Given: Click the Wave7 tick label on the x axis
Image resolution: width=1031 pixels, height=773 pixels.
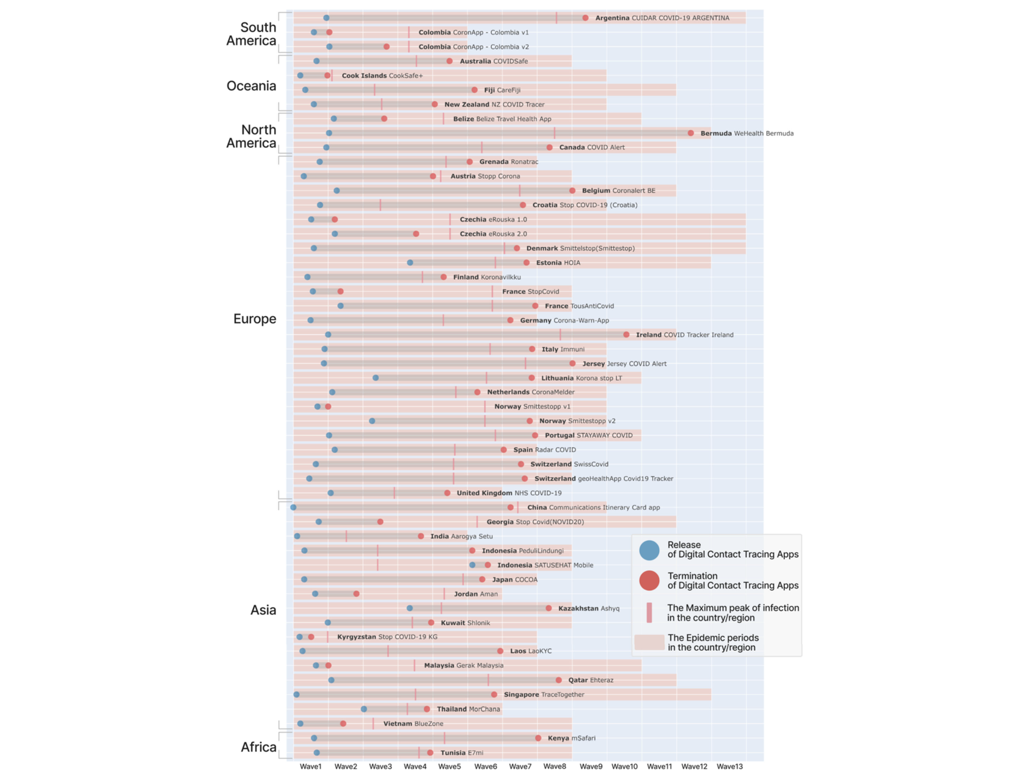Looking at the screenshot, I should coord(520,766).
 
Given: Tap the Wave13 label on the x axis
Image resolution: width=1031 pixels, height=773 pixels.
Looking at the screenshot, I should coord(729,766).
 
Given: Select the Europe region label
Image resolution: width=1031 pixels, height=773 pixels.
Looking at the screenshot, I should coord(254,319).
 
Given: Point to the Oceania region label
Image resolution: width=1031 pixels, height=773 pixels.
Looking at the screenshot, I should coord(251,86).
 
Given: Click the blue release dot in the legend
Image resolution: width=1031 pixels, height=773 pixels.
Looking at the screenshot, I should coord(649,550).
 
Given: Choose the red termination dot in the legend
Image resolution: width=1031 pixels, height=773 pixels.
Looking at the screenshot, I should coord(649,581).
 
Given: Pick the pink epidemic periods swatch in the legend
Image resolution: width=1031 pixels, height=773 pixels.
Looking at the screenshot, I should coord(649,642).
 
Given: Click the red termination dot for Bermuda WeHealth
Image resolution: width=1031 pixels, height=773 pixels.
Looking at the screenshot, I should coord(691,133).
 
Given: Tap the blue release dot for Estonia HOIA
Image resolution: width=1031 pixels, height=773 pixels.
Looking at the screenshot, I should coord(410,263).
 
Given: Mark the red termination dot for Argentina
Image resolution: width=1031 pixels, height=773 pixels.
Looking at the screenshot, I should coord(585,18).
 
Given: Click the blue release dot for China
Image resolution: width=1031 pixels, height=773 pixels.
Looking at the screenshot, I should coord(294,507).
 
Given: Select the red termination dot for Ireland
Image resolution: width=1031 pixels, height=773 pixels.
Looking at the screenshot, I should coord(627,335).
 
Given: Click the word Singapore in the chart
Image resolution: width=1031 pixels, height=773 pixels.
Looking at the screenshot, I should coord(521,695).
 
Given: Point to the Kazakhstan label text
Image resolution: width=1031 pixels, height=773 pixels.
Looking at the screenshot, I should coord(578,609).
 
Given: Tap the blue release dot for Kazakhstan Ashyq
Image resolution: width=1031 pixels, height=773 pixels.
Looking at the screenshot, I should coord(410,608).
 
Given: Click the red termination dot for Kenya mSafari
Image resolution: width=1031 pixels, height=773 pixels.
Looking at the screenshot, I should coord(538,738).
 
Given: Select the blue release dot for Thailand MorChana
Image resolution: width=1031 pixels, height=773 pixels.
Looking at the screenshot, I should coord(364,709).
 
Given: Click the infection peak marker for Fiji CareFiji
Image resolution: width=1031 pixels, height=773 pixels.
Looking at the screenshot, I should coord(375,90).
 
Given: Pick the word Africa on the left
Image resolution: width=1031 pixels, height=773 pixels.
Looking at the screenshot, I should coord(258,747).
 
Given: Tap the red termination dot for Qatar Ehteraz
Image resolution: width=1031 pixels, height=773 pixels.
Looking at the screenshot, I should coord(559,680).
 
